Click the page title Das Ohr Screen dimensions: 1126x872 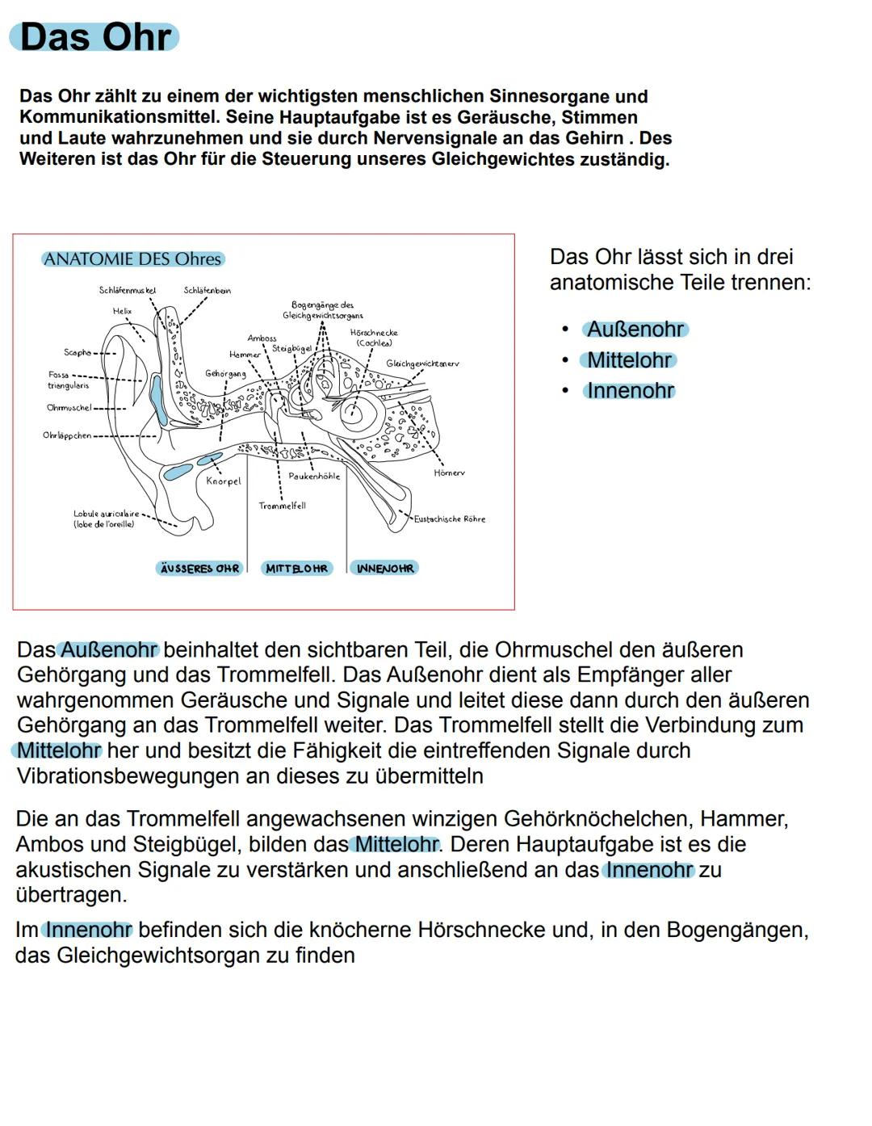pyautogui.click(x=94, y=37)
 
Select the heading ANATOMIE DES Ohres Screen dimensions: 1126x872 pyautogui.click(x=132, y=259)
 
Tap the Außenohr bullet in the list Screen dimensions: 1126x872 pyautogui.click(x=635, y=330)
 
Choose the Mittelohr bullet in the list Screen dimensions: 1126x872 pyautogui.click(x=629, y=360)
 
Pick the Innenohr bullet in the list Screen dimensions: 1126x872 pyautogui.click(x=630, y=391)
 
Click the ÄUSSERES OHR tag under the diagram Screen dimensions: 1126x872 pyautogui.click(x=199, y=569)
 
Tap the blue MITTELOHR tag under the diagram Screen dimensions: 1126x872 pyautogui.click(x=296, y=569)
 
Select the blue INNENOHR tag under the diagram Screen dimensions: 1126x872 pyautogui.click(x=384, y=569)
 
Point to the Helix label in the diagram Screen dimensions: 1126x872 pyautogui.click(x=122, y=311)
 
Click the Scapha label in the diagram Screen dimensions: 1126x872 pyautogui.click(x=78, y=353)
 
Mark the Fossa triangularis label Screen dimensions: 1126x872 pyautogui.click(x=68, y=380)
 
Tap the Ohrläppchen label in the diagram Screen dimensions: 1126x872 pyautogui.click(x=67, y=435)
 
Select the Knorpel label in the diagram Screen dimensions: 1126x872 pyautogui.click(x=223, y=481)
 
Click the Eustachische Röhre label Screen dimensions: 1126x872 pyautogui.click(x=450, y=519)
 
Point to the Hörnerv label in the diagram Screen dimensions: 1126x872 pyautogui.click(x=449, y=473)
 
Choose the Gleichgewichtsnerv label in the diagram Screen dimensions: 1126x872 pyautogui.click(x=422, y=363)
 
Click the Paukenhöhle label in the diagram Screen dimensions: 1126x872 pyautogui.click(x=314, y=477)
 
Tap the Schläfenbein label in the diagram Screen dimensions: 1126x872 pyautogui.click(x=207, y=291)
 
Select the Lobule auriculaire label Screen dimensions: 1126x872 pyautogui.click(x=106, y=519)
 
